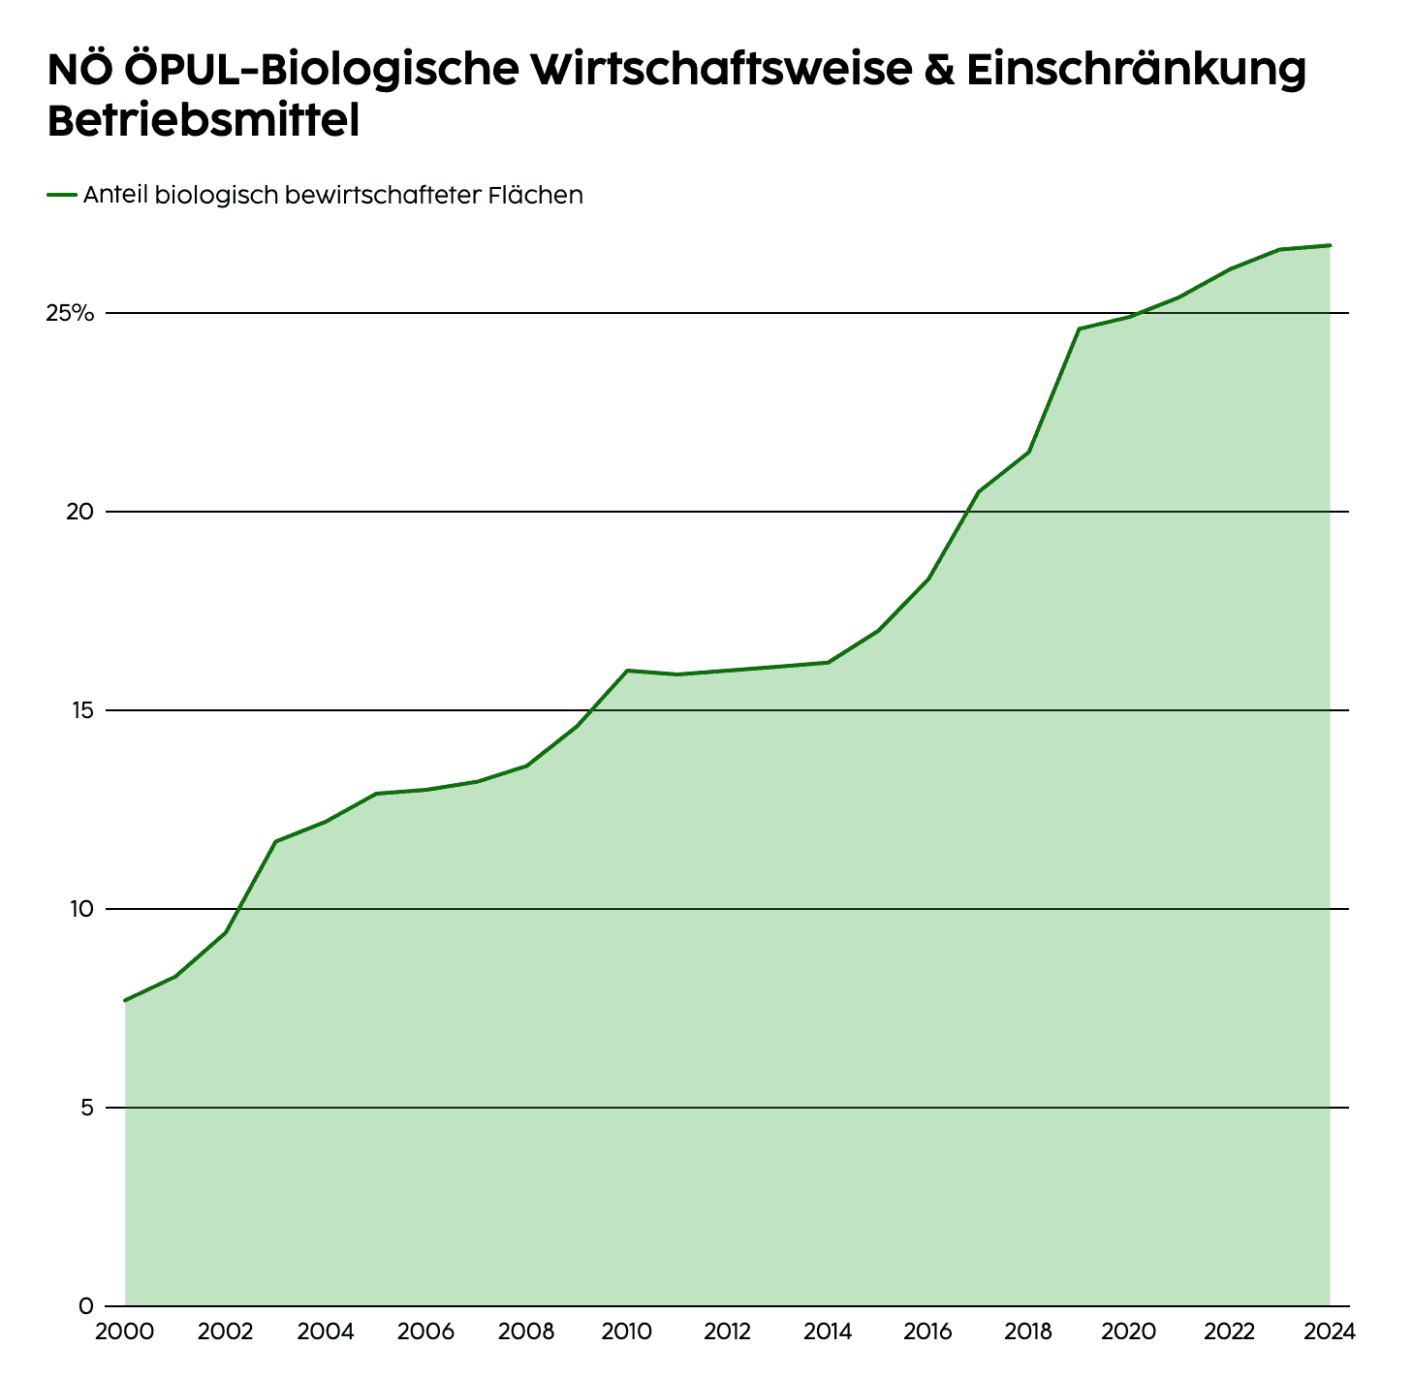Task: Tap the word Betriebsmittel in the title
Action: point(204,122)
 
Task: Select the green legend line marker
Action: point(61,195)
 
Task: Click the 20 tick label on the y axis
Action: point(79,512)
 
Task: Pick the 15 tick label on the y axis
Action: point(80,710)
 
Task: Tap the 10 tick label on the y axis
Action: point(80,909)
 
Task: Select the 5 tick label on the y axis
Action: point(86,1108)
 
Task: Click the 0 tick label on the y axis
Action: point(86,1306)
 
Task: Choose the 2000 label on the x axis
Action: point(125,1331)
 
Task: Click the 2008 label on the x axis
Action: point(526,1331)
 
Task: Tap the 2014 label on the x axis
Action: point(828,1331)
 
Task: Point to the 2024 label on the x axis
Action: point(1329,1331)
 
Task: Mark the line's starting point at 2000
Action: point(125,1000)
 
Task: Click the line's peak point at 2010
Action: point(627,671)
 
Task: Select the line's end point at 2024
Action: point(1330,245)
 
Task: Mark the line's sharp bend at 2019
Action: point(1079,329)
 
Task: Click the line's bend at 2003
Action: point(275,841)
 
